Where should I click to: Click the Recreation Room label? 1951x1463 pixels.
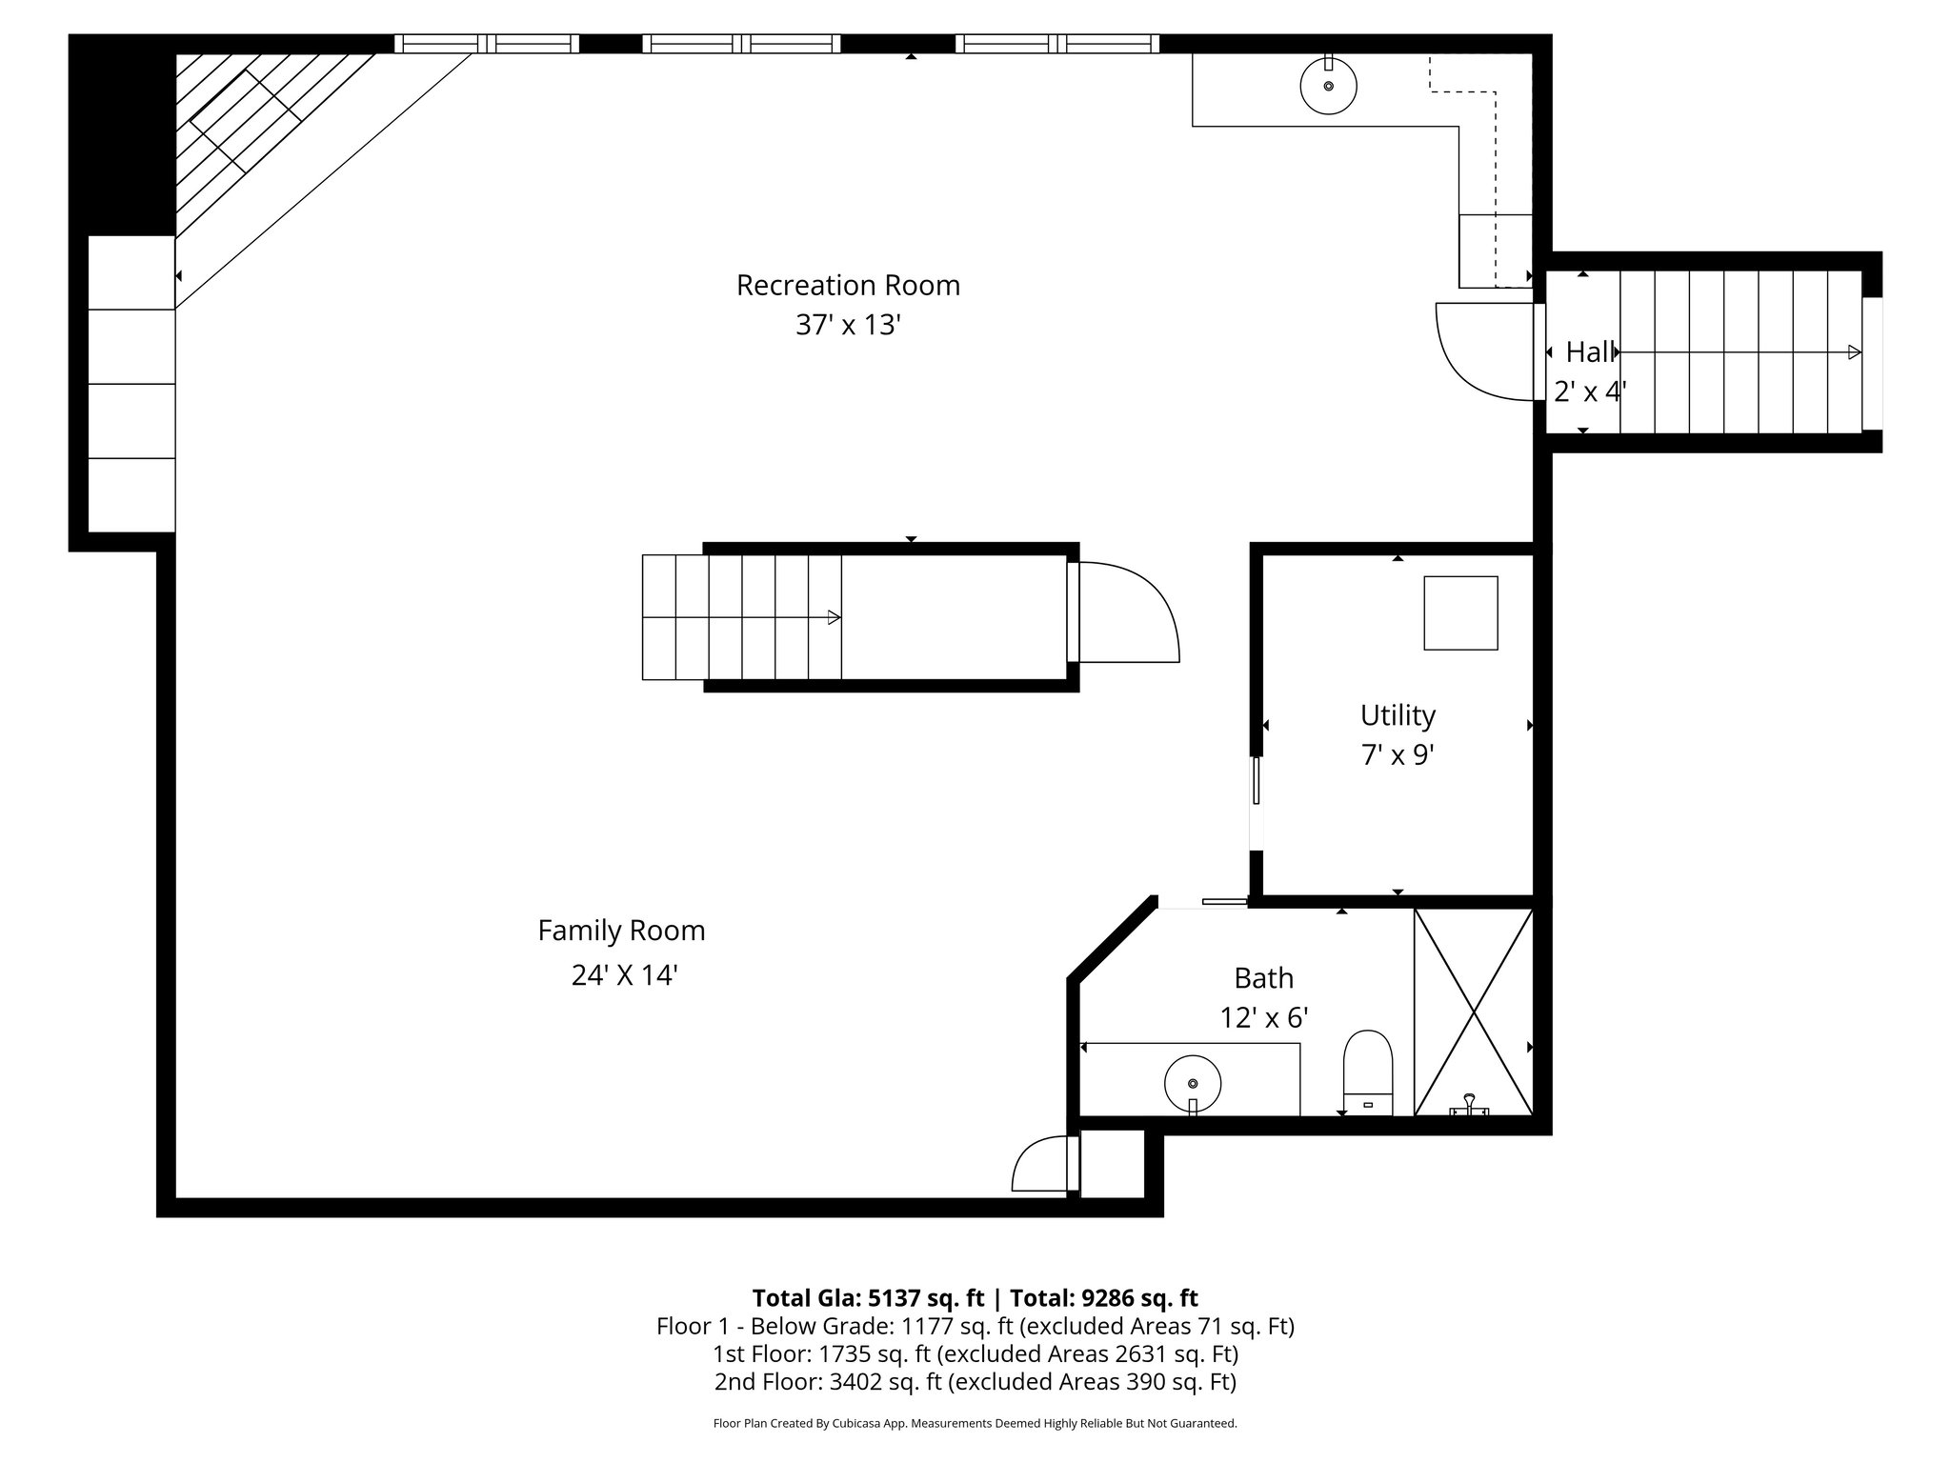(x=848, y=286)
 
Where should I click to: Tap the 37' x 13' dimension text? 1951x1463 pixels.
(x=848, y=326)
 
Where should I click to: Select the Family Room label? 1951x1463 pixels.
(x=621, y=931)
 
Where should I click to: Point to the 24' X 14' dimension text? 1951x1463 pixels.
(x=624, y=975)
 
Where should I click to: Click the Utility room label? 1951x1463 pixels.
(x=1398, y=715)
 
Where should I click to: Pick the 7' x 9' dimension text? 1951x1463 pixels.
(x=1398, y=755)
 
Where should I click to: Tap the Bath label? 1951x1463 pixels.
(x=1264, y=978)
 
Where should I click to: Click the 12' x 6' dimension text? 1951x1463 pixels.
(x=1264, y=1018)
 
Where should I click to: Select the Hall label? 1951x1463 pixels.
(x=1590, y=352)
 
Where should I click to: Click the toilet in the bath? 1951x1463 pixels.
(x=1368, y=1072)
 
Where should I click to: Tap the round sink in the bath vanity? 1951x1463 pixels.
(x=1193, y=1083)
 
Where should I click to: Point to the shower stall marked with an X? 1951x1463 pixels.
(x=1474, y=1012)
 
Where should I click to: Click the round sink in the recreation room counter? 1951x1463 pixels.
(x=1328, y=86)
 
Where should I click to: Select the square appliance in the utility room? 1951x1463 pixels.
(x=1460, y=613)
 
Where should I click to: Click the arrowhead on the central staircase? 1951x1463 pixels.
(x=835, y=617)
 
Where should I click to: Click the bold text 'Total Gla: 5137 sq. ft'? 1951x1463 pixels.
(x=868, y=1298)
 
